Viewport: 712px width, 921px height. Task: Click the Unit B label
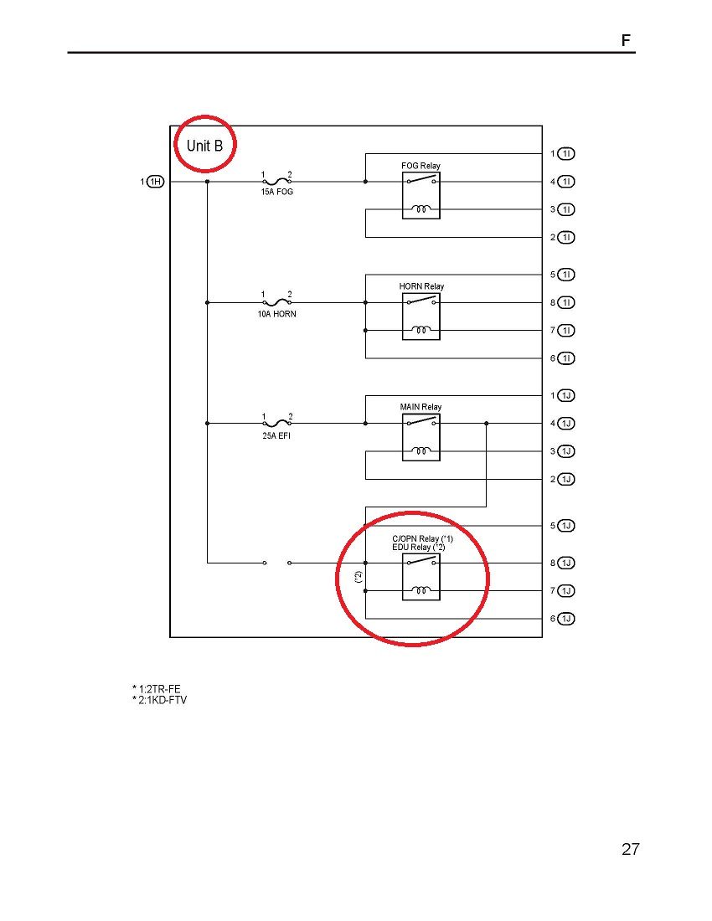pyautogui.click(x=205, y=146)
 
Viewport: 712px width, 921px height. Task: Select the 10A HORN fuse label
pyautogui.click(x=276, y=314)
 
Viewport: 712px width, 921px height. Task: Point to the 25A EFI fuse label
pyautogui.click(x=276, y=435)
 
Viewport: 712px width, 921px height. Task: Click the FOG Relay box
pyautogui.click(x=420, y=195)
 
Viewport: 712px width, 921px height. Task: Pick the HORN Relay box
pyautogui.click(x=420, y=316)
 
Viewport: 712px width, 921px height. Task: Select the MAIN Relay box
pyautogui.click(x=420, y=437)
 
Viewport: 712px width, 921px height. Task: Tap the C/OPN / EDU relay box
pyautogui.click(x=420, y=577)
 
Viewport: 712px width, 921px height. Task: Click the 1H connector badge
pyautogui.click(x=155, y=181)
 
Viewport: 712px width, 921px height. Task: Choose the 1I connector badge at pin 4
pyautogui.click(x=566, y=181)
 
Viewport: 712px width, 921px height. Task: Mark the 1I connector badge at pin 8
pyautogui.click(x=566, y=302)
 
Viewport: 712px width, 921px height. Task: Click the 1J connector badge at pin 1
pyautogui.click(x=566, y=395)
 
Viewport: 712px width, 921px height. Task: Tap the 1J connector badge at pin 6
pyautogui.click(x=566, y=619)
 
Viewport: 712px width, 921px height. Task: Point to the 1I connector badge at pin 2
pyautogui.click(x=566, y=237)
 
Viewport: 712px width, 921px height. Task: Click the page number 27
pyautogui.click(x=631, y=849)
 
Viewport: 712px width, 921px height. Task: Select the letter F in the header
pyautogui.click(x=626, y=40)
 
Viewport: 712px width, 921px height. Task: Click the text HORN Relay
pyautogui.click(x=421, y=286)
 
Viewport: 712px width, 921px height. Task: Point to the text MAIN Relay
pyautogui.click(x=420, y=407)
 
